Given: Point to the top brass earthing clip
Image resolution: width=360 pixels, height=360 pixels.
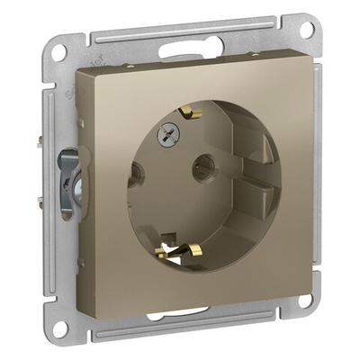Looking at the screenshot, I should click(x=188, y=113).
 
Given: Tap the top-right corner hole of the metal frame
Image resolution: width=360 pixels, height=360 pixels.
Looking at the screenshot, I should click(x=306, y=29).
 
